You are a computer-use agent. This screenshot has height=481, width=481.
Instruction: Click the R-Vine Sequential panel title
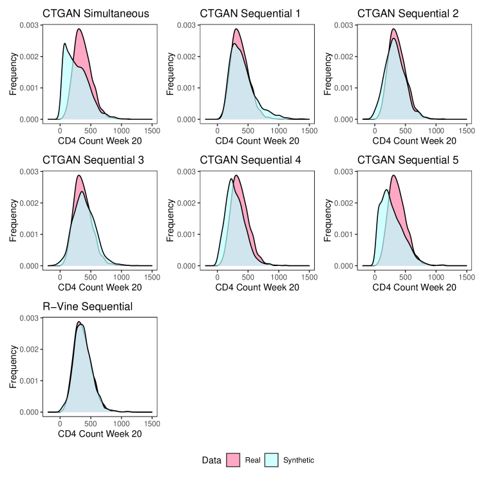point(88,306)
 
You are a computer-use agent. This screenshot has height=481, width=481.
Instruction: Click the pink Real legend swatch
point(233,460)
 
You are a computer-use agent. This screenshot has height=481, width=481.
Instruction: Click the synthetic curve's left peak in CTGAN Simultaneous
point(65,44)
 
